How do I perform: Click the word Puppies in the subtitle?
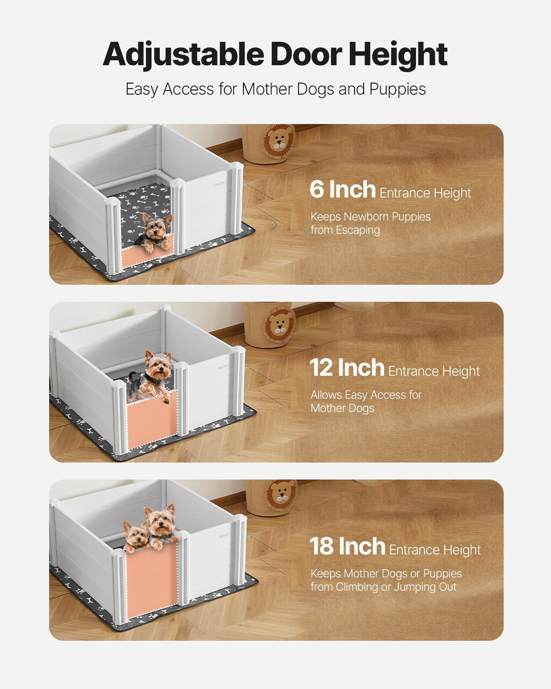tap(398, 89)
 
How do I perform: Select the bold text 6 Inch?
tap(342, 189)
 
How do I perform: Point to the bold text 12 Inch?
tap(347, 367)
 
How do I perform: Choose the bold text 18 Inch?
tap(347, 546)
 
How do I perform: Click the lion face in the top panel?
tap(279, 140)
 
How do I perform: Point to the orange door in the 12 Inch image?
tap(152, 420)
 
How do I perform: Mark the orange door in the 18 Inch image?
tap(152, 581)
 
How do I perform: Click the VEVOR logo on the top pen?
tap(220, 184)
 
